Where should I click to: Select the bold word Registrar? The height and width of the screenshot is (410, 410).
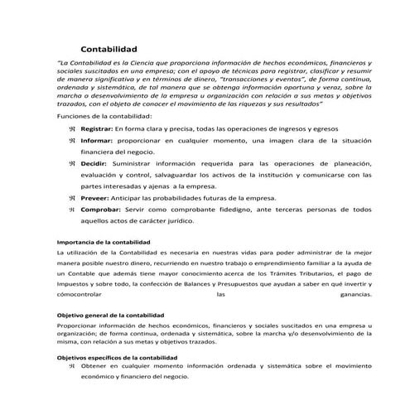pos(96,129)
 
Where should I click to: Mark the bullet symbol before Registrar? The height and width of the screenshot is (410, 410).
pos(73,129)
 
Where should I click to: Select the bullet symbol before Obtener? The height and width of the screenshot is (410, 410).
pos(73,365)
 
